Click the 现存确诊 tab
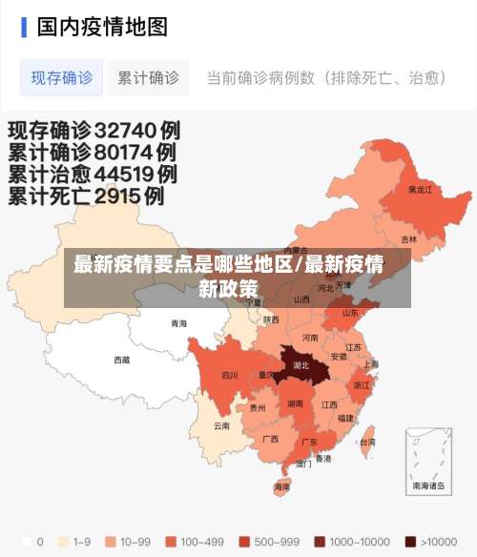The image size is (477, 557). click(61, 77)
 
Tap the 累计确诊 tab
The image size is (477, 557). click(148, 77)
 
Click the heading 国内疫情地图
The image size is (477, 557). click(102, 26)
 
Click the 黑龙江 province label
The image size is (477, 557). click(420, 189)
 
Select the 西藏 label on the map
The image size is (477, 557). click(122, 360)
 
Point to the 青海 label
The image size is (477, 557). click(179, 323)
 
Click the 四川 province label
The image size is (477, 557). click(230, 375)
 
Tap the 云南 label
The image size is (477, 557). click(221, 425)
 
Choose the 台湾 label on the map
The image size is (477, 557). click(366, 442)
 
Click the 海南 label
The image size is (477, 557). click(282, 486)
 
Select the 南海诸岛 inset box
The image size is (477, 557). click(428, 461)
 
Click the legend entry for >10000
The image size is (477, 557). click(430, 541)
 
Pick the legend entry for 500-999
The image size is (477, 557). click(270, 541)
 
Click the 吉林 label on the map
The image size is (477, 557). click(408, 239)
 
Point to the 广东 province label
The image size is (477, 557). click(309, 442)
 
